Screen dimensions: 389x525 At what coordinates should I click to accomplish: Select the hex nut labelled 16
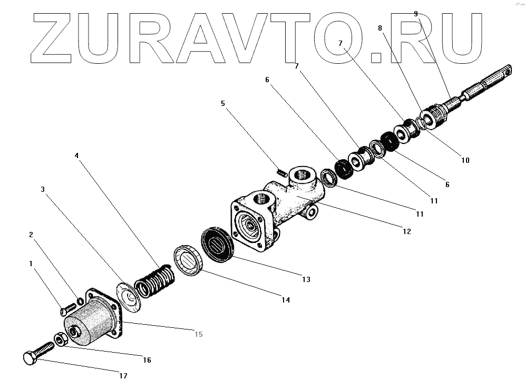[x=60, y=339]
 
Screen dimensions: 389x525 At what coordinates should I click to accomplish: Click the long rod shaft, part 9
[x=474, y=90]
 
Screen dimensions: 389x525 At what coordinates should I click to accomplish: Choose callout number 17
[x=122, y=376]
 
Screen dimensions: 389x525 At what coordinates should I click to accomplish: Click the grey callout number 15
[x=198, y=334]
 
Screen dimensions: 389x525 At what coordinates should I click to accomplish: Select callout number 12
[x=405, y=231]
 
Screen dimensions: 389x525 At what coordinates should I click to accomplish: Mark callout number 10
[x=464, y=160]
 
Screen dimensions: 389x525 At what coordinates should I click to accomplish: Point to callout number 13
[x=306, y=279]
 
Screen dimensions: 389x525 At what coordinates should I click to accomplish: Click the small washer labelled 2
[x=80, y=301]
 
